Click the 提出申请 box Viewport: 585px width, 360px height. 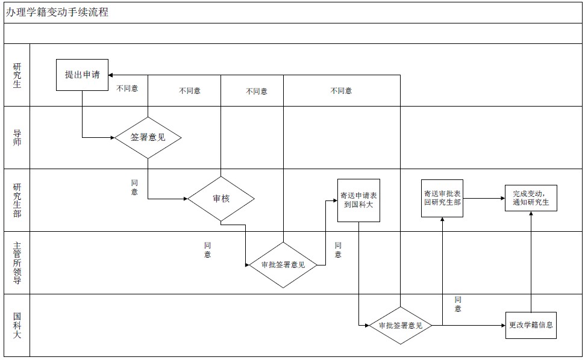coord(83,75)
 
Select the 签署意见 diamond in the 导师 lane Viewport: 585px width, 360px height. coord(148,137)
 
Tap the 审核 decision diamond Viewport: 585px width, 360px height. coord(221,199)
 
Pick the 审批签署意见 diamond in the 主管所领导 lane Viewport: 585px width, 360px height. coord(283,265)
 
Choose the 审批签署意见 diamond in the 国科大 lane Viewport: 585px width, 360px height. coord(401,326)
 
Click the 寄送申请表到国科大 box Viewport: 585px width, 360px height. coord(358,200)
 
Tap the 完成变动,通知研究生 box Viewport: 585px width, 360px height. coord(531,198)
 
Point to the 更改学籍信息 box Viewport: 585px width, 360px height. coord(531,325)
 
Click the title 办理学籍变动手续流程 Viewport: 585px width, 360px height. coord(57,12)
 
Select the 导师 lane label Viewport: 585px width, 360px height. coord(17,137)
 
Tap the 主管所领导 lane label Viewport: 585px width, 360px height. coord(17,262)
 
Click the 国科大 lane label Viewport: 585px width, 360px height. coord(17,325)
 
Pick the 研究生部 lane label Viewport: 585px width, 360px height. coord(17,200)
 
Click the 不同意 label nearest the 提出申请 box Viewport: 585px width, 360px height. coord(127,88)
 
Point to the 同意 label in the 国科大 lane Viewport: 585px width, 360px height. coord(458,304)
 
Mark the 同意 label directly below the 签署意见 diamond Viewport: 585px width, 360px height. coord(134,187)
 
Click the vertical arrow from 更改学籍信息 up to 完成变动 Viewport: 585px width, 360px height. coord(531,265)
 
